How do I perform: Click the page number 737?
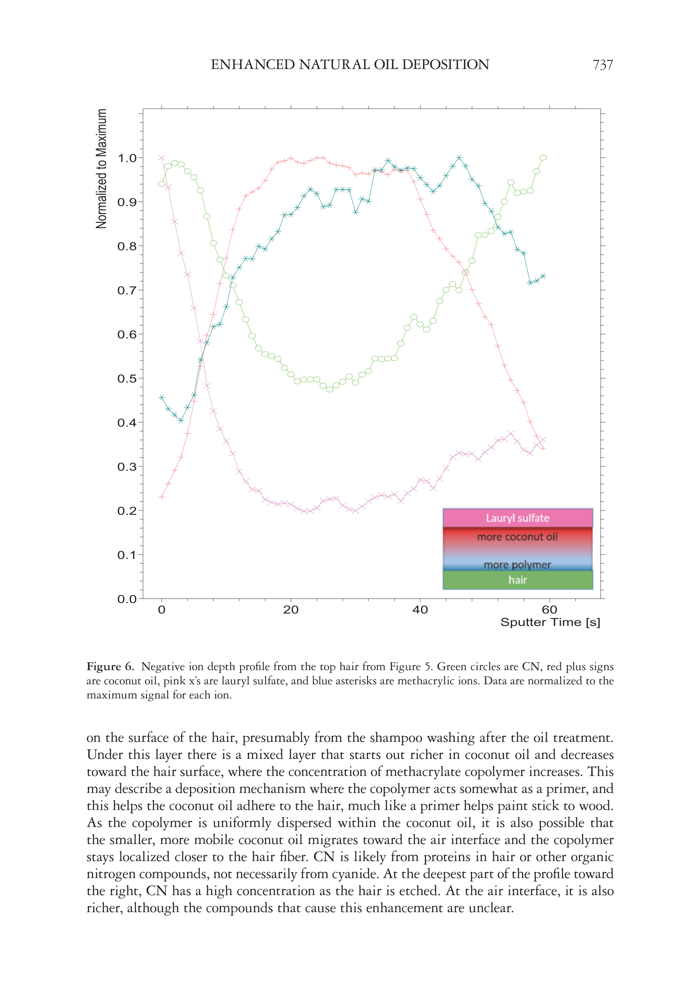(x=602, y=65)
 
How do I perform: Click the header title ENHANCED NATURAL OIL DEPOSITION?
(x=350, y=65)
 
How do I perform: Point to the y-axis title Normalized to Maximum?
(x=101, y=168)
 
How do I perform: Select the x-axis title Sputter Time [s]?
(x=550, y=622)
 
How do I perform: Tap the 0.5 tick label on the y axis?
(x=127, y=378)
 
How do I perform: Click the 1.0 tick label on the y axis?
(x=127, y=158)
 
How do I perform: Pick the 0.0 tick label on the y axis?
(x=127, y=599)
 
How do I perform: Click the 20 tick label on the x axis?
(x=290, y=610)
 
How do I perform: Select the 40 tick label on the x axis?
(x=420, y=610)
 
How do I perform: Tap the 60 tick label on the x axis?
(x=549, y=610)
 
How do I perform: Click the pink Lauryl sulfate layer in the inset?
(x=517, y=518)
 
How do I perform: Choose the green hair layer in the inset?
(x=517, y=580)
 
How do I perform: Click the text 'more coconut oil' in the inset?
(x=517, y=537)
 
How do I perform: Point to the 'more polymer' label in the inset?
(x=517, y=564)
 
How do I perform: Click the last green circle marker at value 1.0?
(x=543, y=158)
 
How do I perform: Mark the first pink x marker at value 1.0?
(x=161, y=158)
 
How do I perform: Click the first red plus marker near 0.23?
(x=161, y=497)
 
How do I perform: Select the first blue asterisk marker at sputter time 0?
(x=161, y=397)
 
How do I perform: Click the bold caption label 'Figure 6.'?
(x=110, y=667)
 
